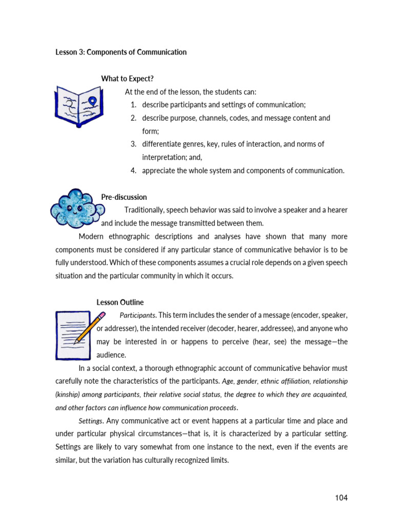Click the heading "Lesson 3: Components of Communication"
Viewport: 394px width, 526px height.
[x=121, y=52]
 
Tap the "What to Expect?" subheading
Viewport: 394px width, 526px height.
[x=127, y=79]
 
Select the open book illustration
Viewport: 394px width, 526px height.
[x=79, y=106]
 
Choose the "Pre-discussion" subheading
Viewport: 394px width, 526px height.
[x=124, y=197]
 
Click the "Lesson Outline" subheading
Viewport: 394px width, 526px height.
[x=120, y=302]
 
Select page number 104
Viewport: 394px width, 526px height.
[x=341, y=498]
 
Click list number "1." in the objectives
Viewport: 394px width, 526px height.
[x=133, y=105]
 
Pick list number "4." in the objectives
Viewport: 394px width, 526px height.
[x=133, y=171]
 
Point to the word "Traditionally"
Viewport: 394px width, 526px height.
[x=147, y=210]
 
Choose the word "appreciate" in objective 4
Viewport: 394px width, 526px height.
[x=160, y=171]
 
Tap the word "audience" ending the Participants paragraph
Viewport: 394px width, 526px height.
[x=111, y=355]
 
